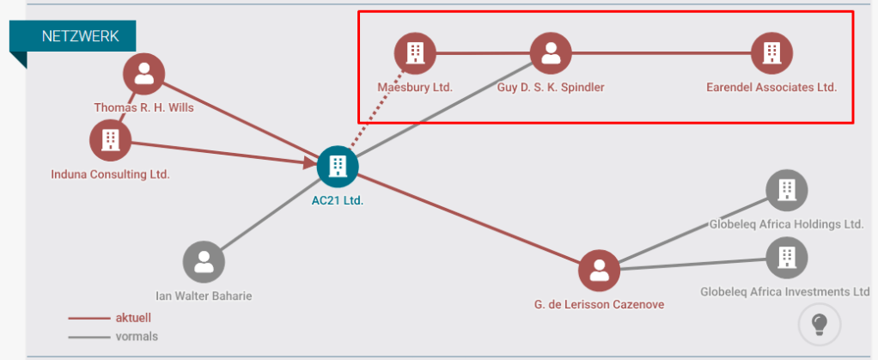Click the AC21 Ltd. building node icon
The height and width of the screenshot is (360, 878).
pyautogui.click(x=337, y=167)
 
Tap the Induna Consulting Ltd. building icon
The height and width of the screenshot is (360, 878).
pyautogui.click(x=111, y=139)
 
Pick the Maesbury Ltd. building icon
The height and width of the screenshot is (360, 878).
pyautogui.click(x=415, y=53)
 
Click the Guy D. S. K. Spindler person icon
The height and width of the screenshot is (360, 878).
pyautogui.click(x=551, y=53)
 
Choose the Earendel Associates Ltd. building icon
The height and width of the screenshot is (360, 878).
pyautogui.click(x=771, y=53)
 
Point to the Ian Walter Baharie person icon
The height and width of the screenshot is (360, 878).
pyautogui.click(x=204, y=261)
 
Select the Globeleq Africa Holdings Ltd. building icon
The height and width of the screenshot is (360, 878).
pyautogui.click(x=786, y=190)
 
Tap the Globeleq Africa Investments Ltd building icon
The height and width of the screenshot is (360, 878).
pyautogui.click(x=786, y=255)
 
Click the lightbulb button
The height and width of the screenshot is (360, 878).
pyautogui.click(x=819, y=324)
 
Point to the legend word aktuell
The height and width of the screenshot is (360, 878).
pyautogui.click(x=133, y=318)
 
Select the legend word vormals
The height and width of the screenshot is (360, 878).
pyautogui.click(x=137, y=336)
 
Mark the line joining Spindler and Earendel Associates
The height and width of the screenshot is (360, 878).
pyautogui.click(x=662, y=53)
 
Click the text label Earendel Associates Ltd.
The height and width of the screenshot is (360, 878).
pyautogui.click(x=771, y=87)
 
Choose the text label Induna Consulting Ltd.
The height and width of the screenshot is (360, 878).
pyautogui.click(x=110, y=174)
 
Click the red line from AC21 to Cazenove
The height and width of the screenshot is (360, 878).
pyautogui.click(x=468, y=218)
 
